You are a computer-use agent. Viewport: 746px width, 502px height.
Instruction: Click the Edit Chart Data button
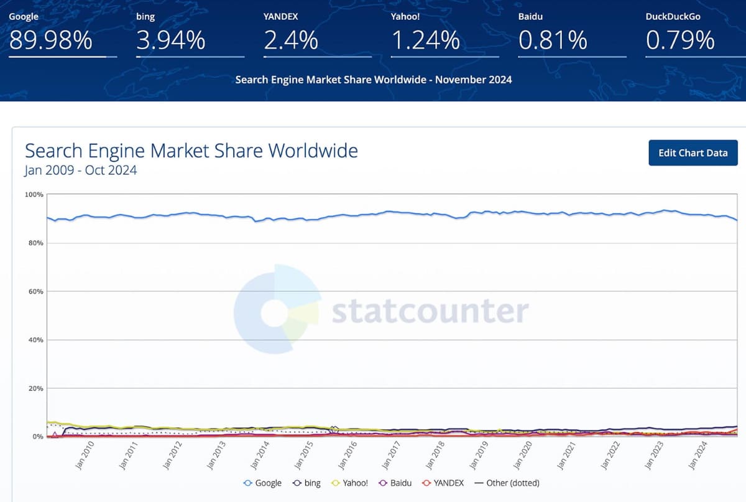pos(693,153)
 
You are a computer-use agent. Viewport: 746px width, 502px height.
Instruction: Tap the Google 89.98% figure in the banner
pos(50,41)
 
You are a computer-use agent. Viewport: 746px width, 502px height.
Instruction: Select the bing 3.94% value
pos(170,41)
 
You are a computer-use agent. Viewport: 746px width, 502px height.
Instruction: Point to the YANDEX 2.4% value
pos(291,41)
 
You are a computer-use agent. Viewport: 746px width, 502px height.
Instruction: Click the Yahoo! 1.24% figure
pos(425,41)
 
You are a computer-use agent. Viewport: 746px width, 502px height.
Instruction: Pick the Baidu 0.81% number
pos(553,41)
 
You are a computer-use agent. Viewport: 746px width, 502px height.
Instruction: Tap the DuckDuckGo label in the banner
pos(673,16)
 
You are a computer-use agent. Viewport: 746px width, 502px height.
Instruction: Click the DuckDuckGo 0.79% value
pos(680,41)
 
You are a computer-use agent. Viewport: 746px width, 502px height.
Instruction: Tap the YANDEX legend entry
pos(444,483)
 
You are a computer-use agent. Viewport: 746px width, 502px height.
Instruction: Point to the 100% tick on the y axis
pos(34,195)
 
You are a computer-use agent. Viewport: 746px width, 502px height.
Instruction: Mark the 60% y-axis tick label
pos(35,292)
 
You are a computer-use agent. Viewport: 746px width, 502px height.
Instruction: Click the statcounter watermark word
pos(430,310)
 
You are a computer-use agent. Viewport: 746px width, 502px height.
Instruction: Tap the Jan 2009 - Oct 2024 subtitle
pos(81,170)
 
